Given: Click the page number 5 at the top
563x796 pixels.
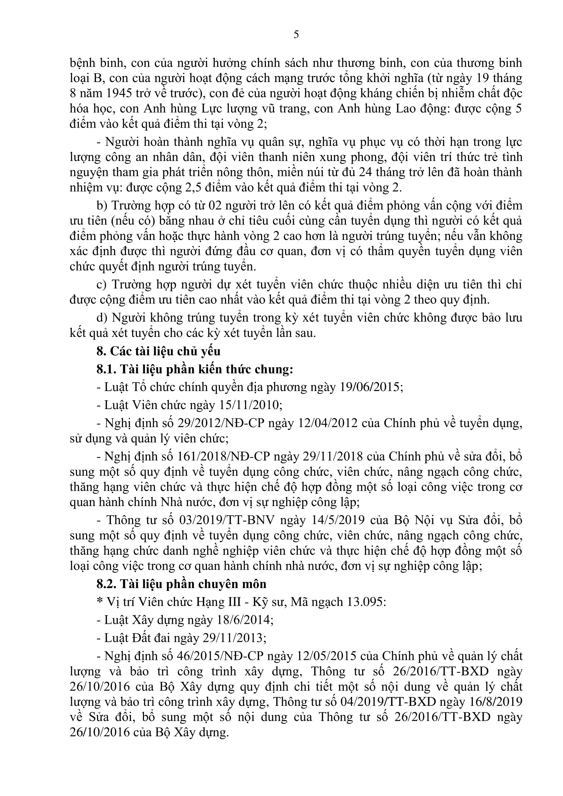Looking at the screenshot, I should pyautogui.click(x=296, y=35).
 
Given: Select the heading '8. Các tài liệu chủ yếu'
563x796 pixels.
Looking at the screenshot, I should pyautogui.click(x=158, y=351).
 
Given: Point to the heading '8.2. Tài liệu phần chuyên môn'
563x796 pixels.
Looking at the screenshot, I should pyautogui.click(x=181, y=584).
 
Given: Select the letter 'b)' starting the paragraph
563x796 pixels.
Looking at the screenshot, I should pyautogui.click(x=102, y=206).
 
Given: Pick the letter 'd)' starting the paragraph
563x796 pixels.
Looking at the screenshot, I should pyautogui.click(x=102, y=318).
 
